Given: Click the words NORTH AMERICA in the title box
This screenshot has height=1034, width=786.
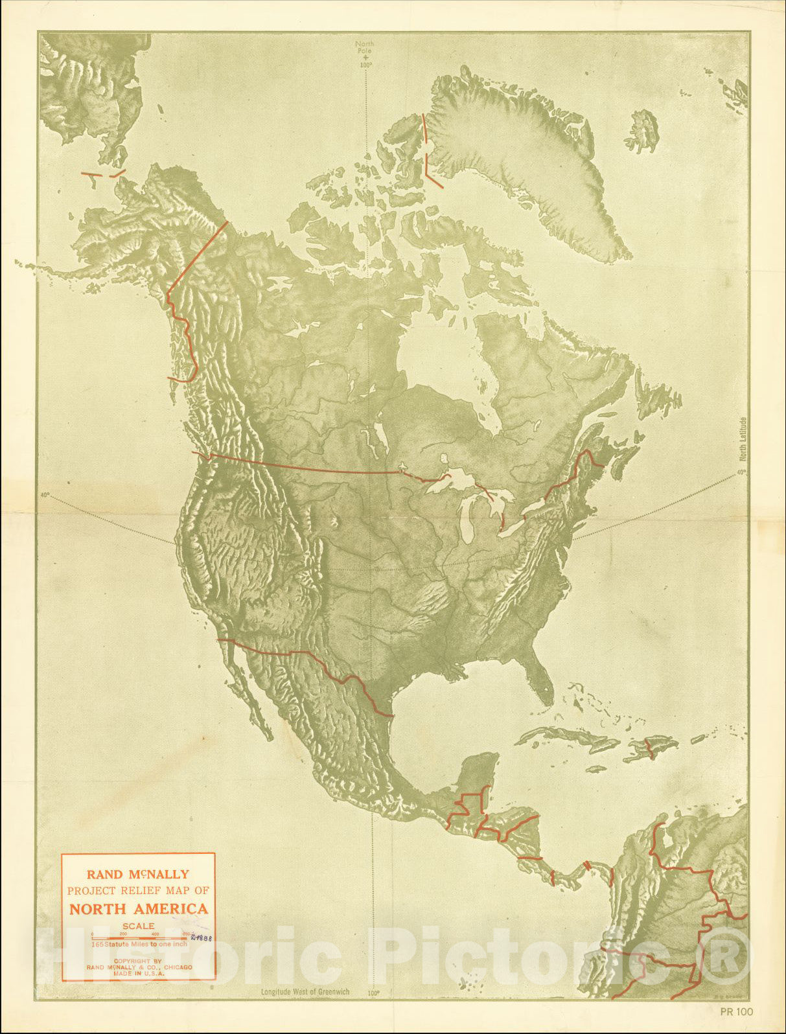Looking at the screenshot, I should click(x=139, y=908).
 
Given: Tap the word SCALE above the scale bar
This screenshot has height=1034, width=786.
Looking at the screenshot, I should click(x=139, y=926).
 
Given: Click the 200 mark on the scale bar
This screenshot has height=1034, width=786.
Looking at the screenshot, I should click(x=124, y=934).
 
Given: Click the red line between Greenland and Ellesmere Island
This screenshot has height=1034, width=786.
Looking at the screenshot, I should click(x=426, y=149).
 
